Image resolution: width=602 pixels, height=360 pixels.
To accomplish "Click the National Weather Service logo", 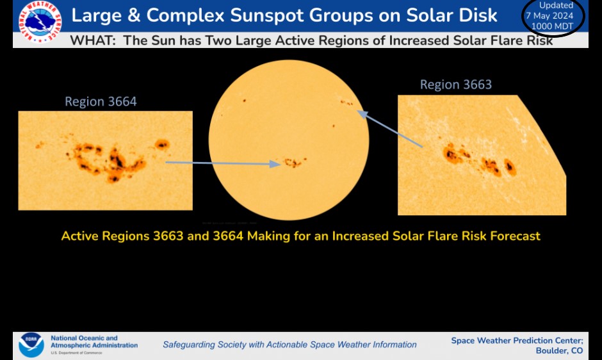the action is (40, 22).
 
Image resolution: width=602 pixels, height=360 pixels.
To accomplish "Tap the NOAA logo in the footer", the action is (31, 345).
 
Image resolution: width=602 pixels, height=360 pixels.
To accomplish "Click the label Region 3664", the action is (101, 101).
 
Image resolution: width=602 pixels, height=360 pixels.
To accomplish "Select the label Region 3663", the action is (456, 85).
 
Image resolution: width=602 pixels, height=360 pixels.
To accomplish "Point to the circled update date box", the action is (553, 17).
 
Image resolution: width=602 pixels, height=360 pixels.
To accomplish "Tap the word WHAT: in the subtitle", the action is (93, 40).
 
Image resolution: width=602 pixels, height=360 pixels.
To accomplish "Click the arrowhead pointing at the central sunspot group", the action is (275, 164).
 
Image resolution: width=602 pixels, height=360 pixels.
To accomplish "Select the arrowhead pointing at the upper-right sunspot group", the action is (362, 114).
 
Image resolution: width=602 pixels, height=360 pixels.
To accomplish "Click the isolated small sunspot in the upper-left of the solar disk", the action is (244, 101).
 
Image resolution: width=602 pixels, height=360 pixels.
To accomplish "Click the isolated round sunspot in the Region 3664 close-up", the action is (162, 145).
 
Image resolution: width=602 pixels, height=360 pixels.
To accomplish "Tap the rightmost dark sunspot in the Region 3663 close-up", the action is (510, 167).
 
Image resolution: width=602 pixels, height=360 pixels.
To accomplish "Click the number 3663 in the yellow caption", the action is (168, 236).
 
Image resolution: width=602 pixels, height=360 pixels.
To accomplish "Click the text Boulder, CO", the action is (559, 350).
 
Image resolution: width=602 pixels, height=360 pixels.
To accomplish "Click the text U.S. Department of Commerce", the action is (76, 353).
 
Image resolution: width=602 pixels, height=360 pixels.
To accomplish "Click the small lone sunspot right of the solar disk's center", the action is (333, 126).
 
